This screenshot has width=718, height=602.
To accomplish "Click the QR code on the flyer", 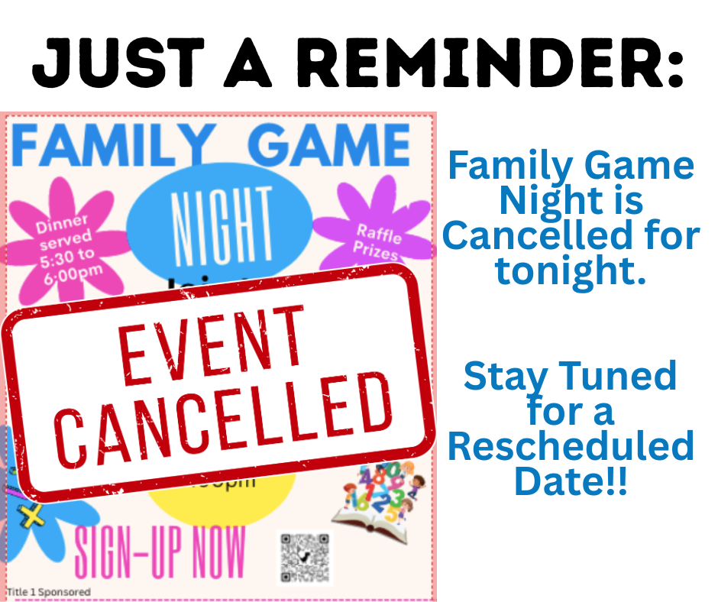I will pos(304,558).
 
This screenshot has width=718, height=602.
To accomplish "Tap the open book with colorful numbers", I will pos(380,500).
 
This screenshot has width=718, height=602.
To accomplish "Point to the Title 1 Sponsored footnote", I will pos(49,592).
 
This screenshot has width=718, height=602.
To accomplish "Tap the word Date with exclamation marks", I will pos(570,481).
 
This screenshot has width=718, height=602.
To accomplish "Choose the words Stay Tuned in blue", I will pos(570,376).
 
